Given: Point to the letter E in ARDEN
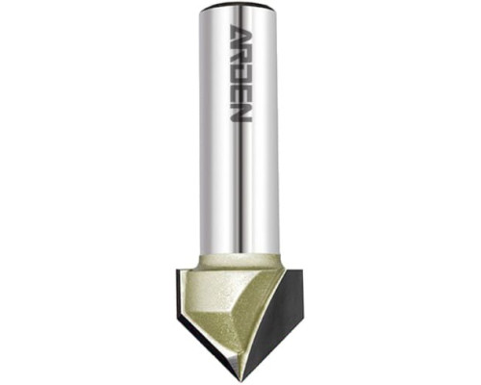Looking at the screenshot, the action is [240, 91].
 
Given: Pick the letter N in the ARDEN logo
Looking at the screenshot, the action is [240, 112].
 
